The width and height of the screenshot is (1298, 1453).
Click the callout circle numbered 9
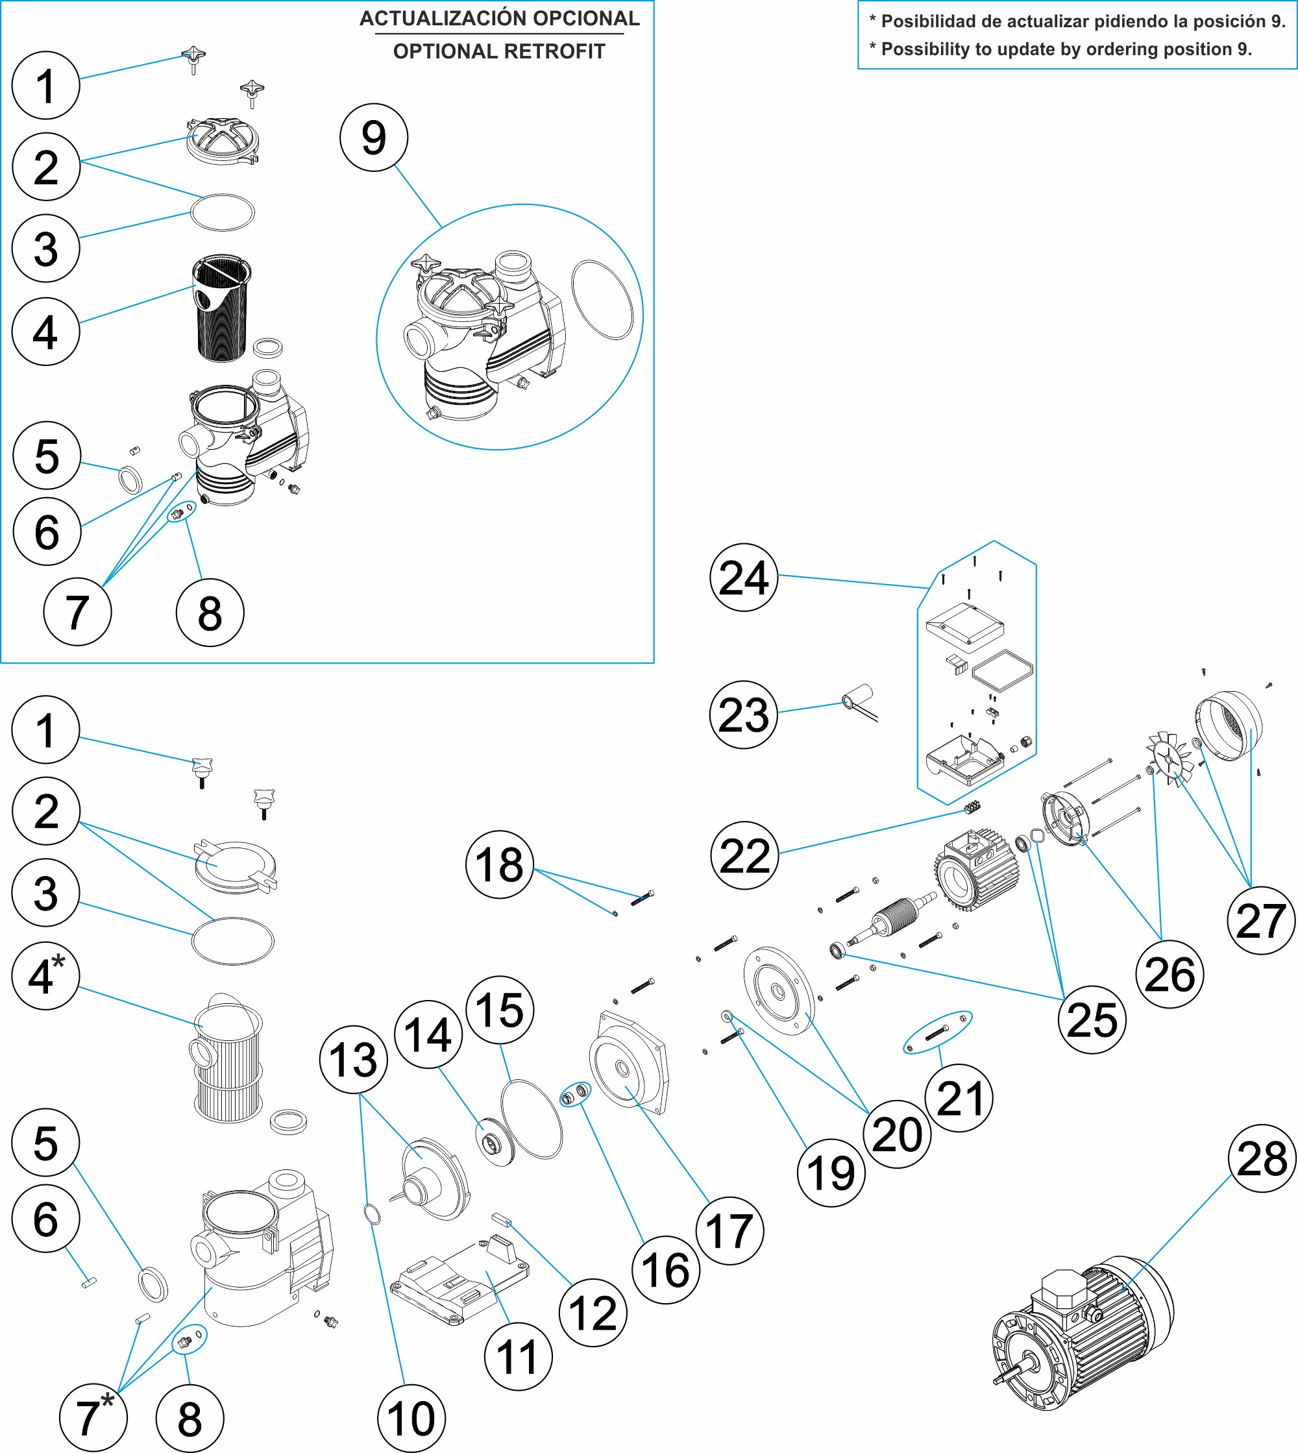coord(374,138)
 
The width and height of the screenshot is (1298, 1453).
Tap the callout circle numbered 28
coord(1262,1158)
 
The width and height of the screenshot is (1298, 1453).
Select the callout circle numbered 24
coord(743,578)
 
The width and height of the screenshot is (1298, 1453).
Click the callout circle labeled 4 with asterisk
coord(45,976)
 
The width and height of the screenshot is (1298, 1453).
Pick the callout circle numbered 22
coord(744,855)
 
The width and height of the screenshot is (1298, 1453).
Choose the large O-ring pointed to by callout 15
coord(532,1119)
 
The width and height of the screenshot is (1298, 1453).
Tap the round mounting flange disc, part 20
coord(779,991)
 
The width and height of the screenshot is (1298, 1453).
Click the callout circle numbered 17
coord(729,1230)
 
